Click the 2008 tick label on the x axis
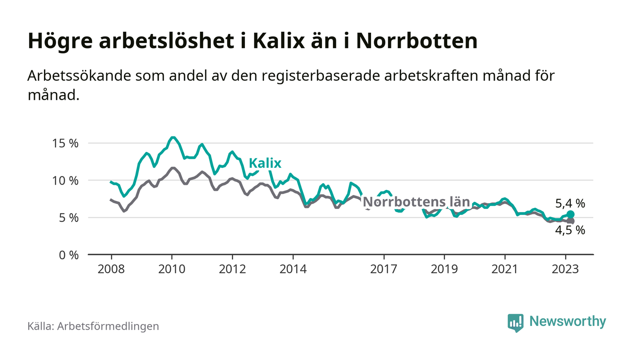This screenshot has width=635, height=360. click(111, 269)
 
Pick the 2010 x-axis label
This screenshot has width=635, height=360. click(172, 269)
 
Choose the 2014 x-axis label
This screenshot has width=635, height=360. click(293, 269)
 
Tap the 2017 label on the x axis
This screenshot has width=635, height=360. click(384, 269)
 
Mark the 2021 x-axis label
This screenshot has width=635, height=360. click(505, 269)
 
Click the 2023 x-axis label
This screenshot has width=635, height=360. click(566, 269)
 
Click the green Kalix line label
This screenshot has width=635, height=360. click(265, 163)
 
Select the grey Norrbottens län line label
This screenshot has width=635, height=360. click(416, 201)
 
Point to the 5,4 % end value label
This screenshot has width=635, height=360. click(570, 204)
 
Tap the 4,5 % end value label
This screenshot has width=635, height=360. click(570, 230)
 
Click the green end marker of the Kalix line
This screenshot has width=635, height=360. click(571, 214)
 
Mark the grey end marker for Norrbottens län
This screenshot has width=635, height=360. click(571, 221)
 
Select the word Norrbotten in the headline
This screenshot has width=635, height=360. click(417, 41)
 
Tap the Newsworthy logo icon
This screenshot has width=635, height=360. click(515, 322)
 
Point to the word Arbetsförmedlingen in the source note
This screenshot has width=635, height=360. click(108, 326)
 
